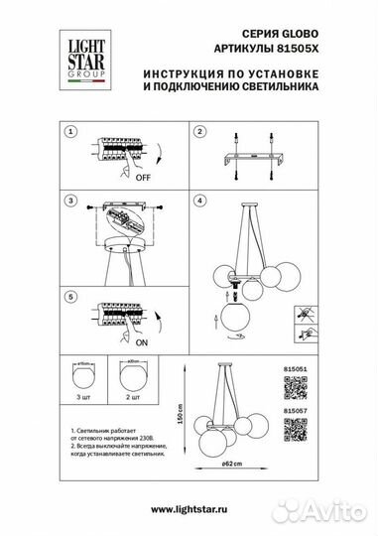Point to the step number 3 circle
69,201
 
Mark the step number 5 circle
69,296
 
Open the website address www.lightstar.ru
189,509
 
